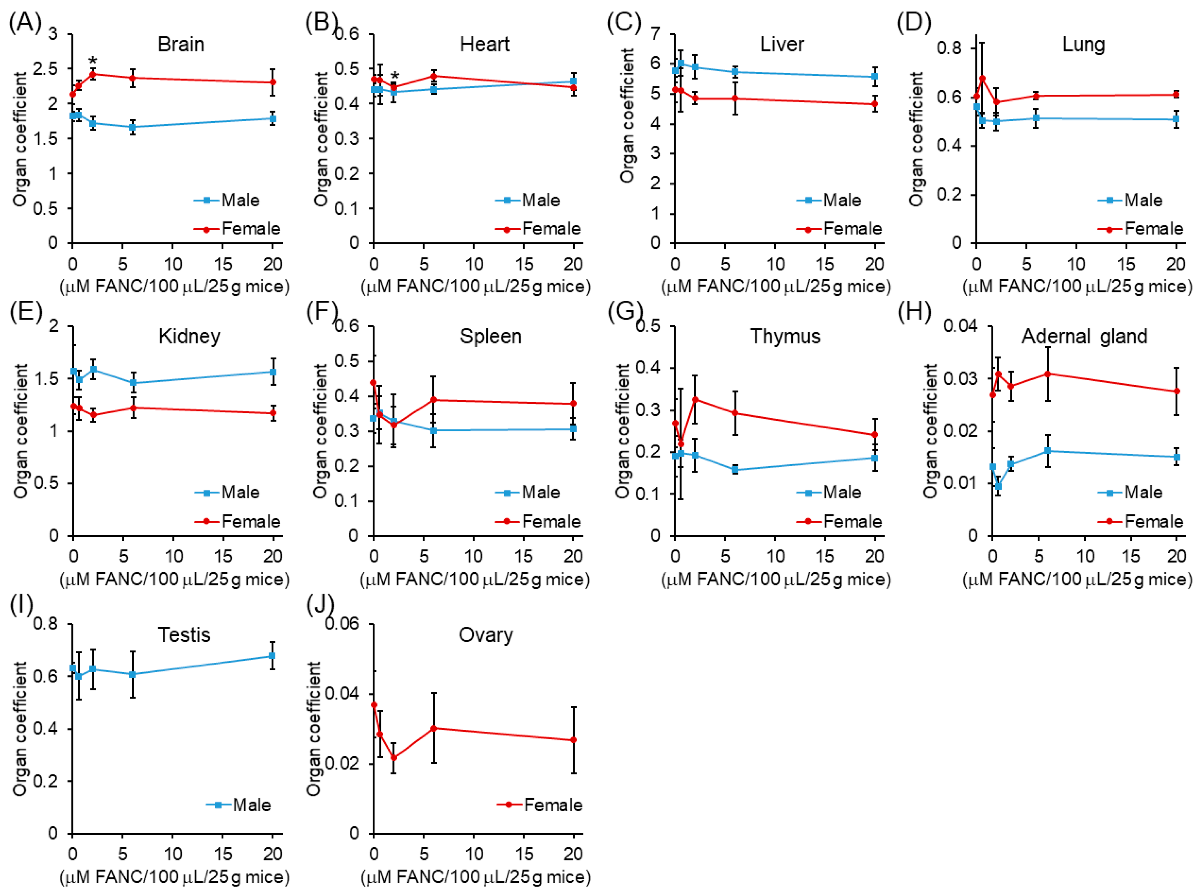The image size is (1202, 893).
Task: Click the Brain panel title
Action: [x=181, y=44]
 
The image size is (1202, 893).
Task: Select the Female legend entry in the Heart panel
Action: [x=550, y=229]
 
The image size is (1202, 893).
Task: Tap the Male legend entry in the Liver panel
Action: [x=841, y=201]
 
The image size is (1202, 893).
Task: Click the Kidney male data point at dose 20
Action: [x=273, y=372]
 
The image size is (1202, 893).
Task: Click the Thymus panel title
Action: [x=785, y=336]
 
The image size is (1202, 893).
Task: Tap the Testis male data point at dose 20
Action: [x=272, y=656]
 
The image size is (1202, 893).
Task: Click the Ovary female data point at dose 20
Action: [x=573, y=740]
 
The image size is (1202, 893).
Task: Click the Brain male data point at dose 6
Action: [x=133, y=127]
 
